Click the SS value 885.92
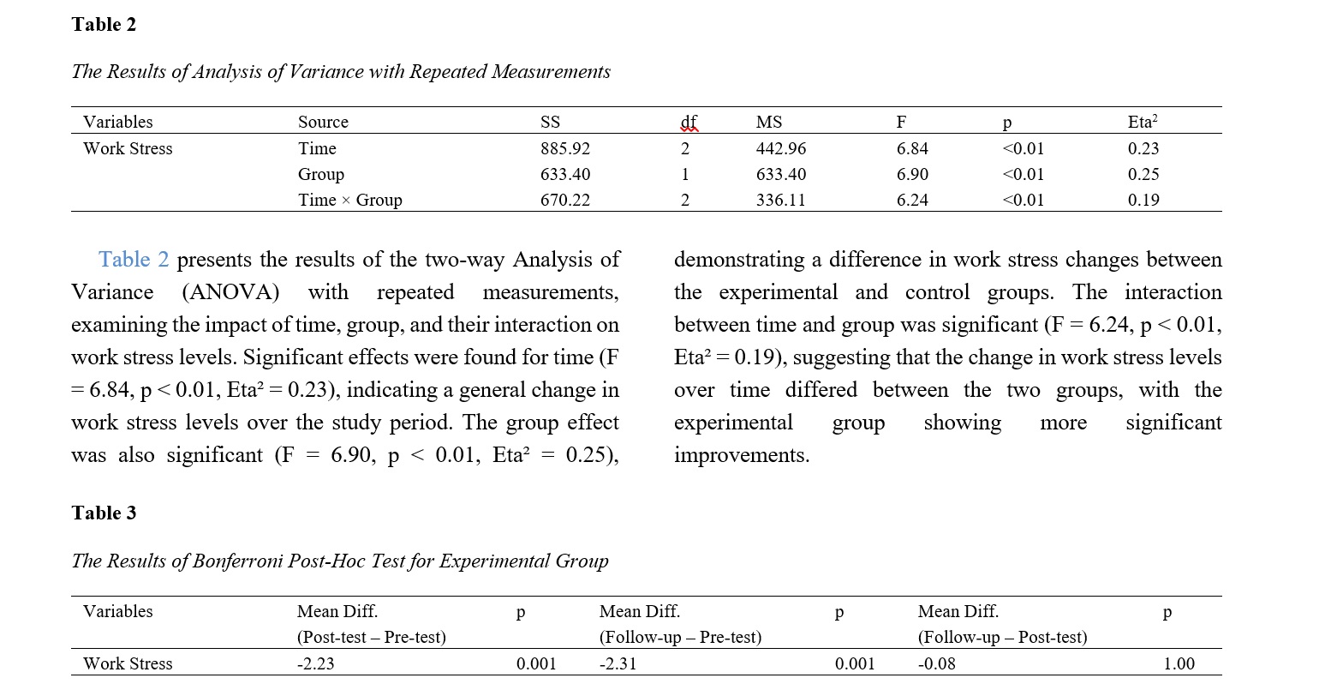coord(564,148)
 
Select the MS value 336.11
coord(780,200)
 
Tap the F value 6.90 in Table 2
coord(912,174)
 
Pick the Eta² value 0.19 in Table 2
coord(1143,200)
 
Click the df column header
coord(689,122)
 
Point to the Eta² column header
coord(1143,122)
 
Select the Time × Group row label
coord(349,200)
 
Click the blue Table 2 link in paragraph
coord(134,259)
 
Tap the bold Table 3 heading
coord(104,513)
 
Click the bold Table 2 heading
coord(104,24)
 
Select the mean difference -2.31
coord(618,663)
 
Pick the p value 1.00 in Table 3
coord(1179,663)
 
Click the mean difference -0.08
coord(936,663)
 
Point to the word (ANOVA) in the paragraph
coord(231,292)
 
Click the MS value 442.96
coord(780,148)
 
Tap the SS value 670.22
coord(564,200)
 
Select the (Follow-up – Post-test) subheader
coord(1002,637)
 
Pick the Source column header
coord(323,122)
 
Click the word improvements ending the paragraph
coord(741,455)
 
